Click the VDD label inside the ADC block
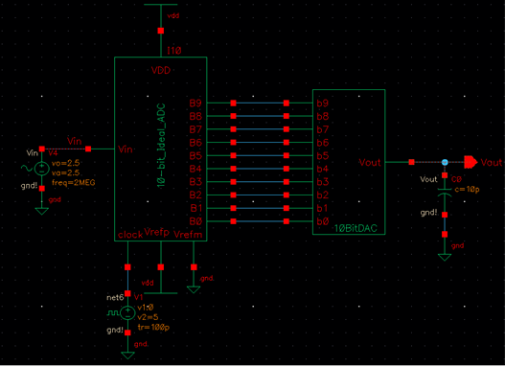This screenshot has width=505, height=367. click(x=161, y=71)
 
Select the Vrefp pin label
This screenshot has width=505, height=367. click(x=157, y=234)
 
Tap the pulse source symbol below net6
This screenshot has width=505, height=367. click(x=128, y=311)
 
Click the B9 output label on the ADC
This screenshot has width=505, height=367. click(x=195, y=103)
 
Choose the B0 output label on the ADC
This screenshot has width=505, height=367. click(x=195, y=220)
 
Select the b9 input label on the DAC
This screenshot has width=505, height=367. click(x=323, y=103)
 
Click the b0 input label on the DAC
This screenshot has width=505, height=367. click(x=323, y=220)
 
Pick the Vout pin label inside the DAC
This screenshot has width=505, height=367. click(x=370, y=163)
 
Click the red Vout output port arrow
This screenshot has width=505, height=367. click(x=470, y=162)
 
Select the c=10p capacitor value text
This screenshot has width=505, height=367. click(x=462, y=188)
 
